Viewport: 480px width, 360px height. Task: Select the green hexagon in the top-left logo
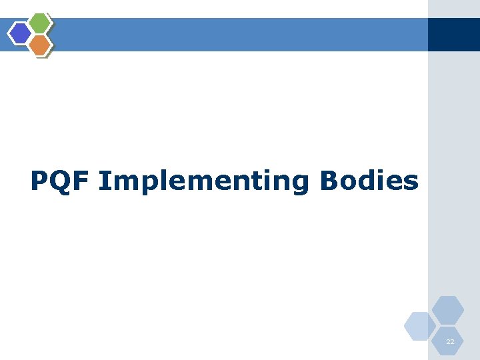(x=40, y=23)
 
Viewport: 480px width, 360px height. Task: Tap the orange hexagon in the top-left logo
(x=40, y=45)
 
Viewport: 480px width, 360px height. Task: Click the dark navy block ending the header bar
(x=453, y=34)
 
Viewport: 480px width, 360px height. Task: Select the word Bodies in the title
(x=369, y=181)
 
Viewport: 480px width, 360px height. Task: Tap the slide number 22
(x=450, y=341)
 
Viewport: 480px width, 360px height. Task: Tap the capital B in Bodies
(x=329, y=181)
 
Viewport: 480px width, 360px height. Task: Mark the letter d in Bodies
(x=369, y=181)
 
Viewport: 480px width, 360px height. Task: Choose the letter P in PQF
(x=39, y=181)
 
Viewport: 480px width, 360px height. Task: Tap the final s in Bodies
(x=411, y=183)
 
